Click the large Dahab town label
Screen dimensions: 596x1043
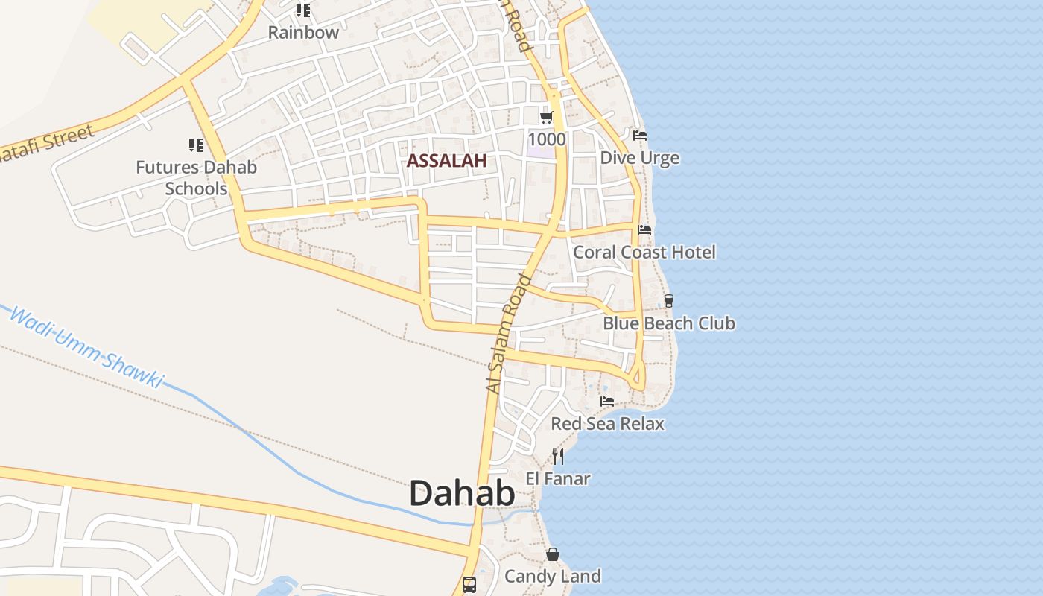[462, 493]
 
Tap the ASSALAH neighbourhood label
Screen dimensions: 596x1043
[446, 160]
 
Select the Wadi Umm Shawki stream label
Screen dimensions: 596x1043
[85, 347]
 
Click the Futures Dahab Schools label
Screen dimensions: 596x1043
[196, 177]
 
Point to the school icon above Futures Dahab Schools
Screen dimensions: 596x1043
[196, 145]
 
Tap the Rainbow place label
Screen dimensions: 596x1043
[303, 33]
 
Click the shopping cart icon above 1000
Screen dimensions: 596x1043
[547, 117]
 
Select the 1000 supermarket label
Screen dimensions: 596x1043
[547, 139]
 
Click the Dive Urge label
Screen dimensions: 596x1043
[639, 158]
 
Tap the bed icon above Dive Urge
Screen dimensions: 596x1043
[640, 136]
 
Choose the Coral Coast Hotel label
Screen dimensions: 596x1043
[644, 253]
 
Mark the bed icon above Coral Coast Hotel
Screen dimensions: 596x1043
[644, 230]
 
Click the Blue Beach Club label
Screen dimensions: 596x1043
[668, 323]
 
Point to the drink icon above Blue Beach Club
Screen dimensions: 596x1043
[669, 301]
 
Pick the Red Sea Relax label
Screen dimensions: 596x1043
[607, 424]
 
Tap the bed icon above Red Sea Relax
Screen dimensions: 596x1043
[607, 402]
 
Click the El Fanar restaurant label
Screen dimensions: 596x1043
[558, 478]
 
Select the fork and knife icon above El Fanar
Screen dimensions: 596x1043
[558, 456]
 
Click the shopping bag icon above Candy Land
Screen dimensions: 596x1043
[553, 554]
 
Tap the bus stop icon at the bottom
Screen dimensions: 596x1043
[469, 584]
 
